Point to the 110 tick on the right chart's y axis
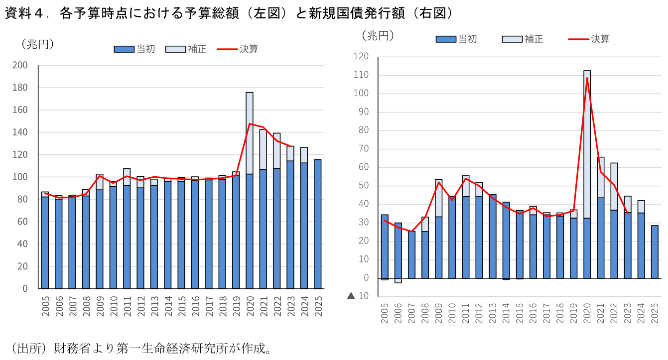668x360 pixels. click(x=361, y=75)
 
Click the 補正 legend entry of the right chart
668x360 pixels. click(x=523, y=39)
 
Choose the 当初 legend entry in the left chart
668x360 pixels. click(x=134, y=49)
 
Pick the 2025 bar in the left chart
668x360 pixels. click(x=317, y=224)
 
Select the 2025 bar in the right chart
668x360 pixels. click(x=655, y=251)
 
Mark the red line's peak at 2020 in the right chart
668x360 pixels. click(x=587, y=78)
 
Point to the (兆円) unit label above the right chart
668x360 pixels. click(x=377, y=36)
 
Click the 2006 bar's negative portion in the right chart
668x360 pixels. click(x=398, y=280)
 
